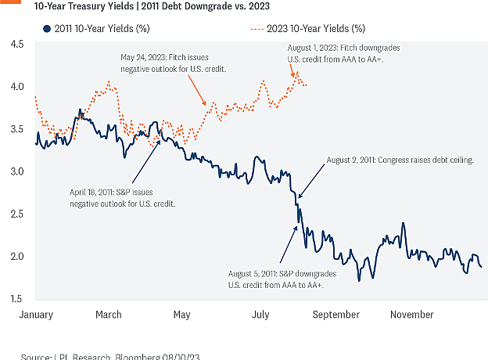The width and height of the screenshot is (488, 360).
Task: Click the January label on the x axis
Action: pos(36,314)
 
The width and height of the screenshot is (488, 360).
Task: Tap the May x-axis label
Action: pos(181,314)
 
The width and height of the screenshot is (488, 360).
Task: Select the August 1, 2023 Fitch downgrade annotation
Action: pos(336,54)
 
